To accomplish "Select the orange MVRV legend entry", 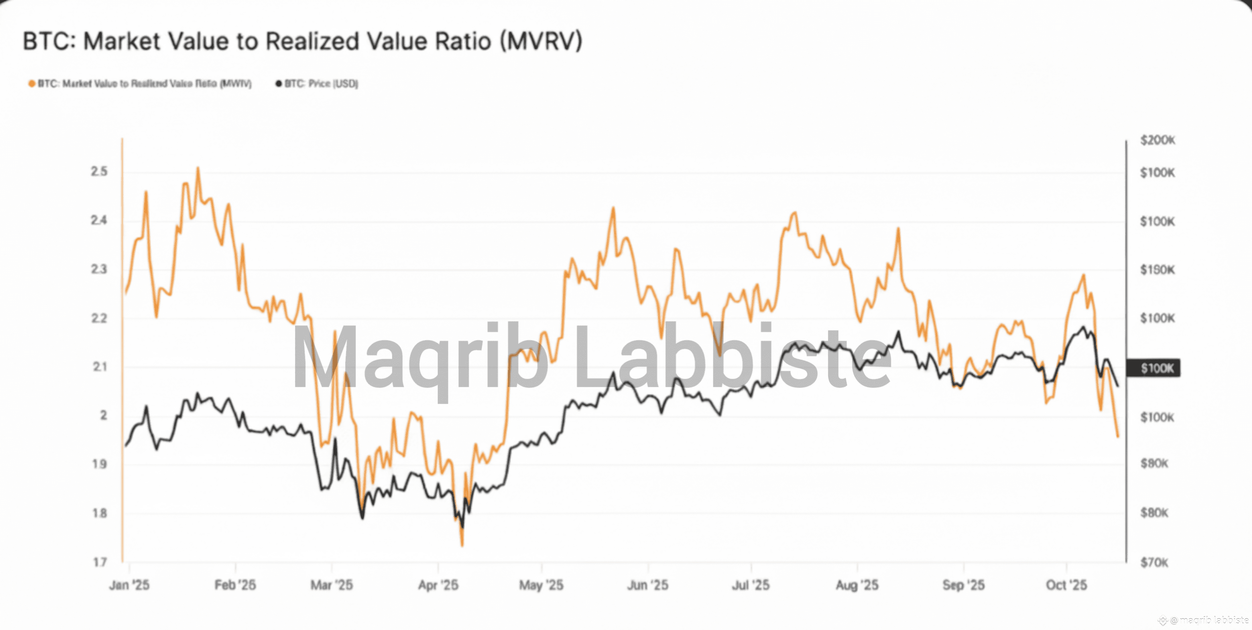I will (140, 84).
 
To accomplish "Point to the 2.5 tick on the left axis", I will (99, 171).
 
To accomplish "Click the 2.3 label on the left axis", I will (99, 269).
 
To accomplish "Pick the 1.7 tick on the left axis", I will (100, 562).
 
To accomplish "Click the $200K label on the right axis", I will (1158, 140).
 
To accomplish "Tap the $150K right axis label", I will (1158, 270).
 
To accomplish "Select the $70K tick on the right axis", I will (1154, 563).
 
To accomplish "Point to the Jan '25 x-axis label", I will (129, 585).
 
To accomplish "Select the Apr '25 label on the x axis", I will (438, 585).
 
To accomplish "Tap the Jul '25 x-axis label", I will (751, 585).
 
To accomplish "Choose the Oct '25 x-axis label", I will (1066, 585).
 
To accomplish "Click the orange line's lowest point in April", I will (462, 545).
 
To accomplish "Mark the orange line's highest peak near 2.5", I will (198, 169).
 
